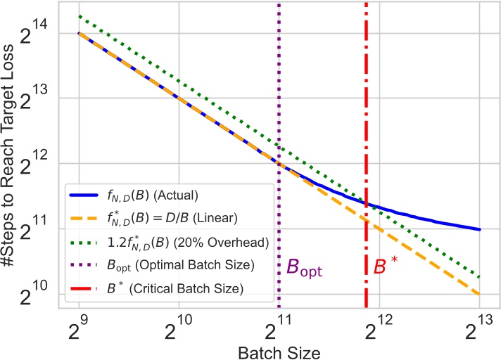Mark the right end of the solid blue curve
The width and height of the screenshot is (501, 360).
(481, 229)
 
